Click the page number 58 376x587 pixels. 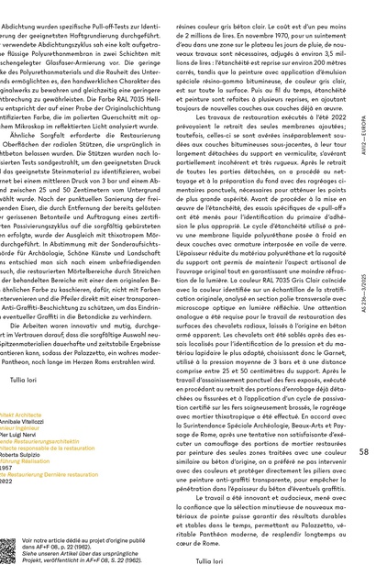[x=363, y=451]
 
